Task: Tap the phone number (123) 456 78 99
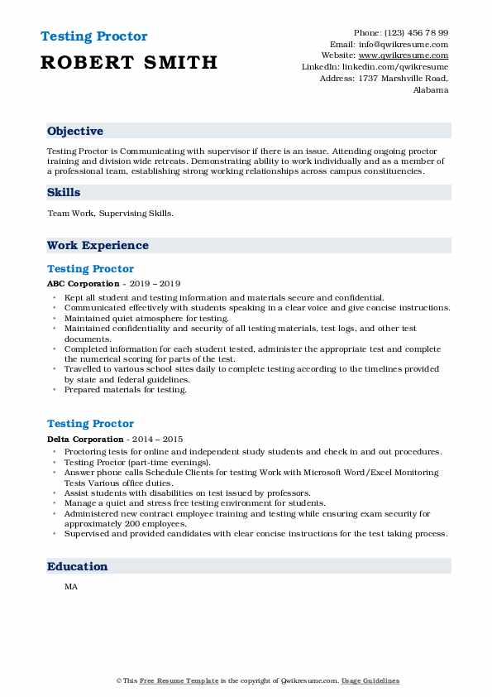pos(418,33)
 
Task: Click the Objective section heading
pos(75,132)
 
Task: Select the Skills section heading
pos(64,193)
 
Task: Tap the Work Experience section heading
pos(98,246)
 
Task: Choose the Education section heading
pos(78,567)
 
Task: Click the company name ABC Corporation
pos(84,283)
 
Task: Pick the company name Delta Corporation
pos(86,439)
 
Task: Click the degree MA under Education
pos(69,587)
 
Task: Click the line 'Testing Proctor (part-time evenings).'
pos(137,462)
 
